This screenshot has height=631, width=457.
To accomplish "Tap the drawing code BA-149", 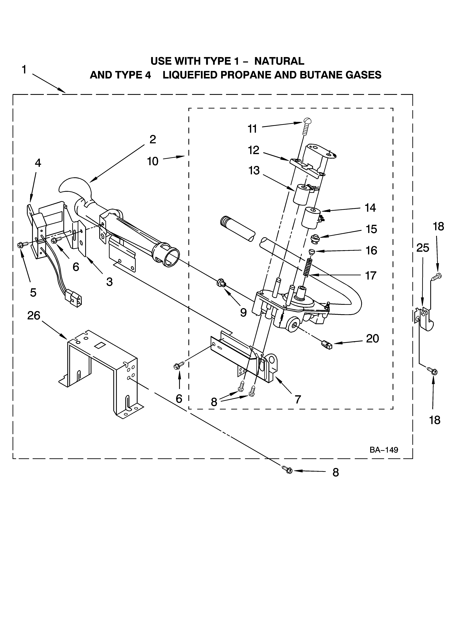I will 384,450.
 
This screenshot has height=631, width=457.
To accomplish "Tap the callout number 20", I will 372,339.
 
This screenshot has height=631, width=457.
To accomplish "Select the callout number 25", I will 422,248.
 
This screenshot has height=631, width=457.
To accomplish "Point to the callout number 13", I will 254,170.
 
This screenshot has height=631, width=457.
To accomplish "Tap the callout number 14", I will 370,208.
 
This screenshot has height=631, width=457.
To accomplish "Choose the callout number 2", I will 152,139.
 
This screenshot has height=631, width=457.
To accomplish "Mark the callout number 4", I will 38,163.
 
